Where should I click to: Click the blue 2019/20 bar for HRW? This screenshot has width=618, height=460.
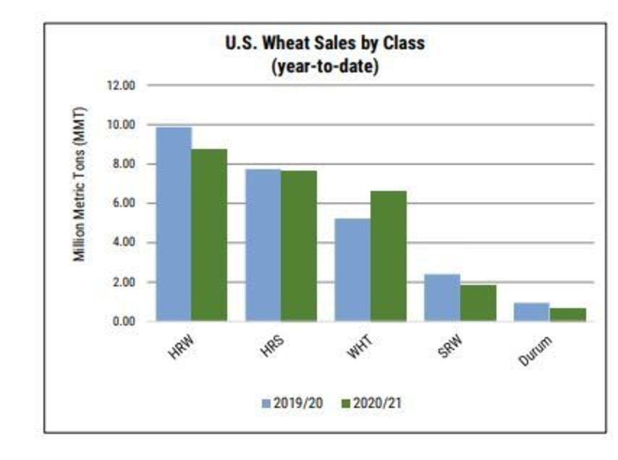(x=174, y=224)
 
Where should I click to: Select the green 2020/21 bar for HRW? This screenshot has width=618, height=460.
(x=209, y=235)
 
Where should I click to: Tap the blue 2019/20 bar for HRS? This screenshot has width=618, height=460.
(x=263, y=245)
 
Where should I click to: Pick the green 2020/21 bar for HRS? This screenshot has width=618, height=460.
(x=299, y=246)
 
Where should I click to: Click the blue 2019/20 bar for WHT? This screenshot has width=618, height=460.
(x=353, y=270)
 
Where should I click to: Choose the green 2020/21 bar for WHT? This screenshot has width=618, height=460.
(x=389, y=256)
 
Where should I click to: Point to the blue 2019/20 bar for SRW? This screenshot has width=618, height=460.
(x=442, y=297)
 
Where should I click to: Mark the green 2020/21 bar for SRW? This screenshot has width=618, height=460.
(x=478, y=303)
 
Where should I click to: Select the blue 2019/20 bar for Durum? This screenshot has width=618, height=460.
(x=532, y=312)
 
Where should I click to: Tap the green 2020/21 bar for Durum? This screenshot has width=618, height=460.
(x=568, y=315)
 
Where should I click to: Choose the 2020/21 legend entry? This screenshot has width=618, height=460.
(x=371, y=403)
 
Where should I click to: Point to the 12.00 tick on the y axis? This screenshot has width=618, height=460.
(x=122, y=85)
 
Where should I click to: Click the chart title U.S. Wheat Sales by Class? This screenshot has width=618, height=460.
(x=325, y=43)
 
